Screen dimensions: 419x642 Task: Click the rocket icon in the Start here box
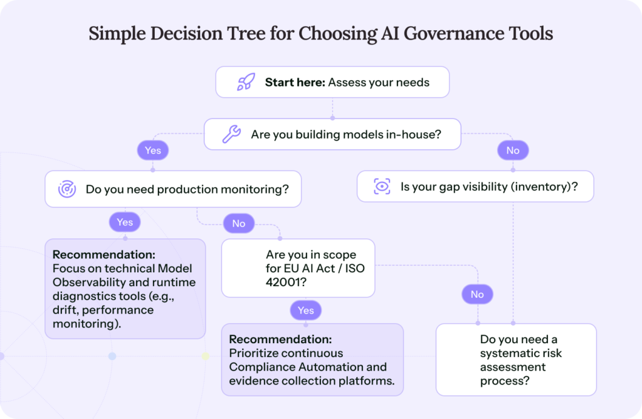[246, 82]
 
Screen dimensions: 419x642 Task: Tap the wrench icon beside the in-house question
[231, 134]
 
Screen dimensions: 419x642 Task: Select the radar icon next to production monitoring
[67, 189]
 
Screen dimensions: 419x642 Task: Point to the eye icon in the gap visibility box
[381, 186]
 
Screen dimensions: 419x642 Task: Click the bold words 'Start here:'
[295, 82]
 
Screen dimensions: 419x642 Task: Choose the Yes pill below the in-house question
[153, 151]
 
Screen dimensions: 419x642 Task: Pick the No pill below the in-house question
[513, 151]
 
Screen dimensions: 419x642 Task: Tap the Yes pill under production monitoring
[125, 222]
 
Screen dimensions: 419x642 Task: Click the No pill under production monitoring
[238, 223]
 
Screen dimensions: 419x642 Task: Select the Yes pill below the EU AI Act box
[305, 310]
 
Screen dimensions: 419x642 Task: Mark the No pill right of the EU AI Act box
[477, 294]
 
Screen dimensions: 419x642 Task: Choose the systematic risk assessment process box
[516, 359]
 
